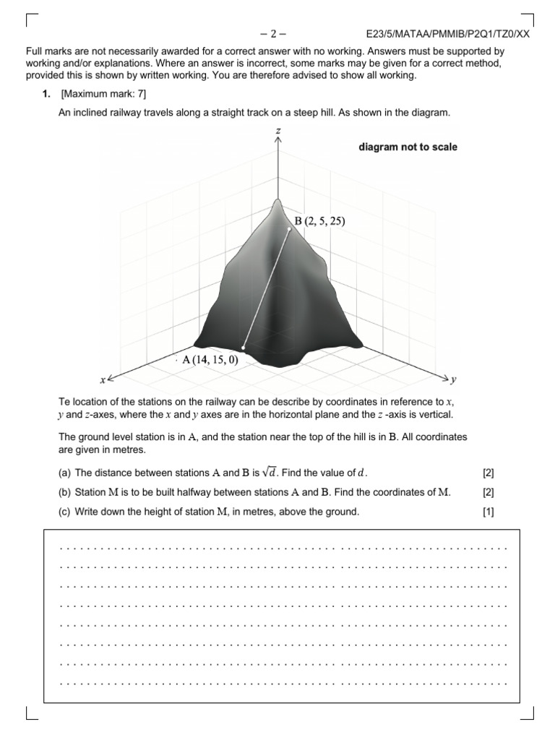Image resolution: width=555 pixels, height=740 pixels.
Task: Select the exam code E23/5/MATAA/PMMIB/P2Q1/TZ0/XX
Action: (x=448, y=33)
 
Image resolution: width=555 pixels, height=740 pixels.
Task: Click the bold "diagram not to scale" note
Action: (x=408, y=147)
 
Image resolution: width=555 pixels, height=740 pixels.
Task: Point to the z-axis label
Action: (x=278, y=130)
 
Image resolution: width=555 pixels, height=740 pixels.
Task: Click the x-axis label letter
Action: (x=102, y=379)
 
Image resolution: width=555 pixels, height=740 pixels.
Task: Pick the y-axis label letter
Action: (x=453, y=379)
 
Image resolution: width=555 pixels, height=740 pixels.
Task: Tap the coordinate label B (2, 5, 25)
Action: (x=319, y=222)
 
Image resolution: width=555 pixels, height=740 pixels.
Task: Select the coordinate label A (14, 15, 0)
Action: (x=210, y=359)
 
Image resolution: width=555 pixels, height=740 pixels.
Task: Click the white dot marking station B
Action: (x=289, y=229)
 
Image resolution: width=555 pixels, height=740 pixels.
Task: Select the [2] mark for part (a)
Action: (x=488, y=473)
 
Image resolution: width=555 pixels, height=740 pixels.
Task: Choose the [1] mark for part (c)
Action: (x=488, y=512)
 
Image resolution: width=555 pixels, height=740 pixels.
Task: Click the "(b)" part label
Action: (x=65, y=493)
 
